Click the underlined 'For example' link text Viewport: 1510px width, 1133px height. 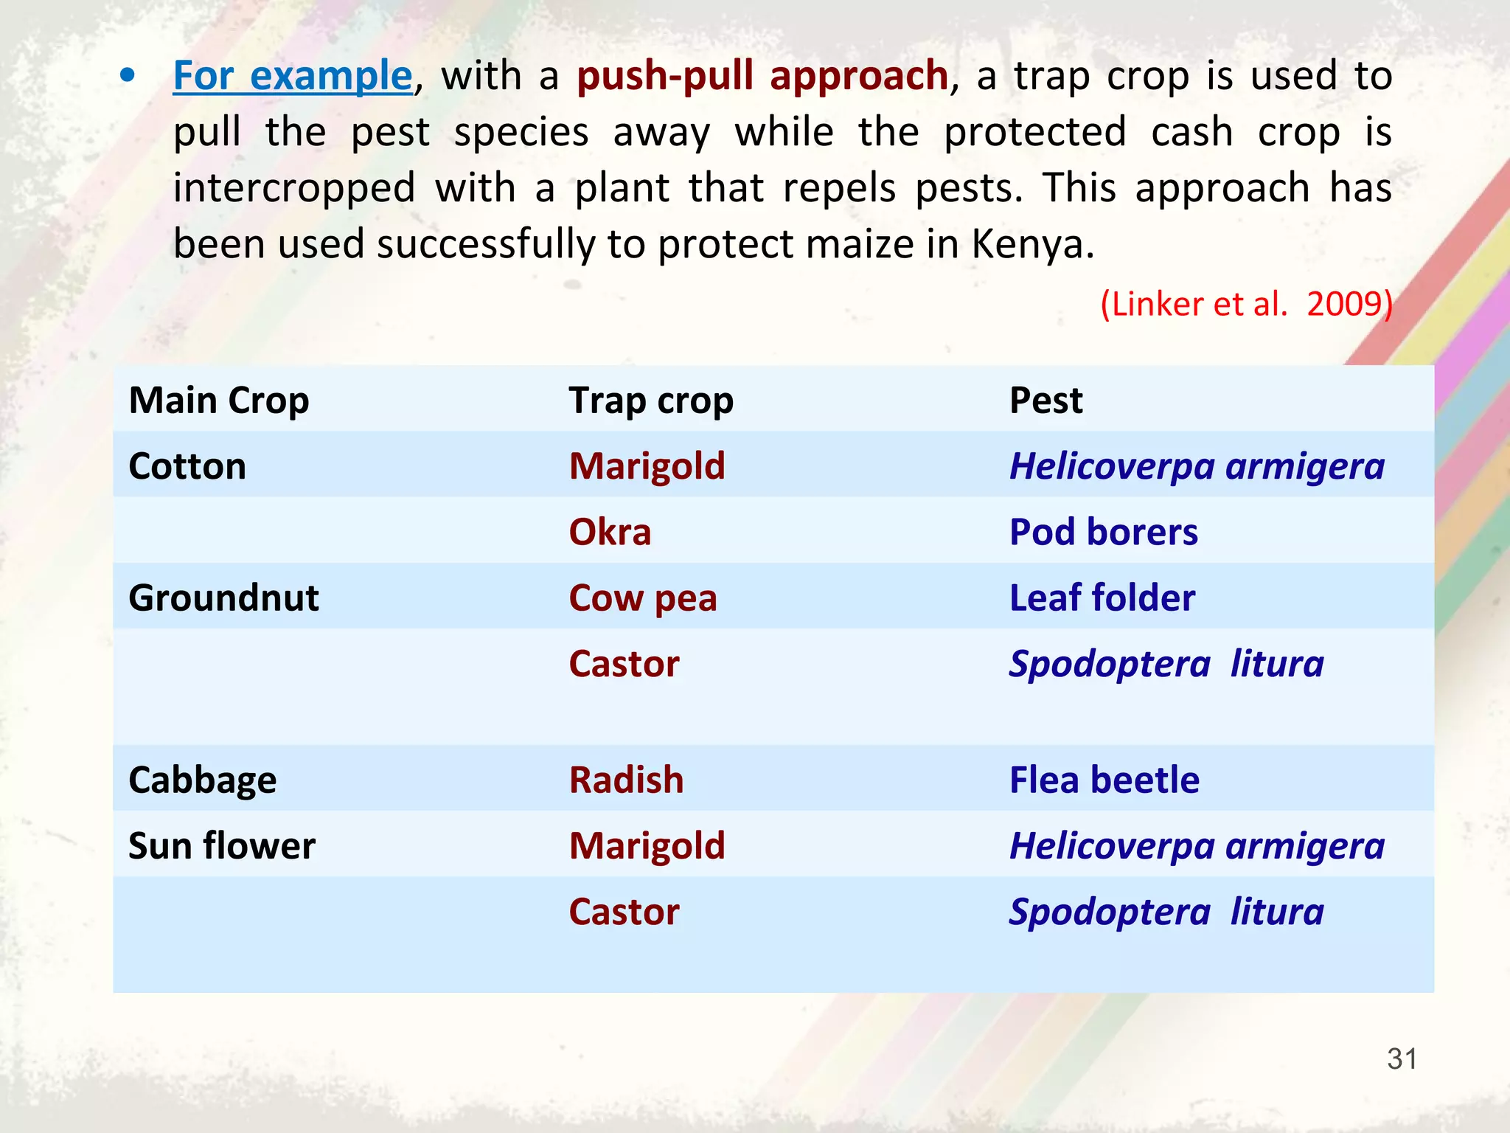[x=292, y=76]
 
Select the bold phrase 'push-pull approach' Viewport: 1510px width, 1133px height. [x=762, y=76]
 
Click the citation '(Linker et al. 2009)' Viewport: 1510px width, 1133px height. [x=1245, y=303]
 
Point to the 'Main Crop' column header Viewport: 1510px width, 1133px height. [x=219, y=401]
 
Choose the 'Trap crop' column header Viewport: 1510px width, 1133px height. [x=650, y=401]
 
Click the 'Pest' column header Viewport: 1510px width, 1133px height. [x=1045, y=401]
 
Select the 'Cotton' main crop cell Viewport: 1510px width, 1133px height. [x=187, y=466]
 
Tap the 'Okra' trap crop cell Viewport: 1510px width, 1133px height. [x=610, y=532]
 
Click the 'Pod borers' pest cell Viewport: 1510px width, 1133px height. [x=1103, y=532]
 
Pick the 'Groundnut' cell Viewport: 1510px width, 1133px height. [x=223, y=597]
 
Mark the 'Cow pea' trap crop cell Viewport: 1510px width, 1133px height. [x=642, y=597]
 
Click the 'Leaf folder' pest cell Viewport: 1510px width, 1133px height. [x=1102, y=597]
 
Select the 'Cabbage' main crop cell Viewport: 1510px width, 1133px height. [x=202, y=780]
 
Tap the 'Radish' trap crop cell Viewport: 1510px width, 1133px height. [x=626, y=780]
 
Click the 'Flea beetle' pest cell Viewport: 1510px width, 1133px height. [x=1104, y=780]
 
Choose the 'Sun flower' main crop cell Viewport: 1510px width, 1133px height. [x=221, y=845]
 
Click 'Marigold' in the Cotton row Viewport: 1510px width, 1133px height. [x=647, y=466]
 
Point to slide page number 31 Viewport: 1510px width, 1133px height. [x=1402, y=1059]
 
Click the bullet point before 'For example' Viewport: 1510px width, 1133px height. [x=128, y=76]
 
